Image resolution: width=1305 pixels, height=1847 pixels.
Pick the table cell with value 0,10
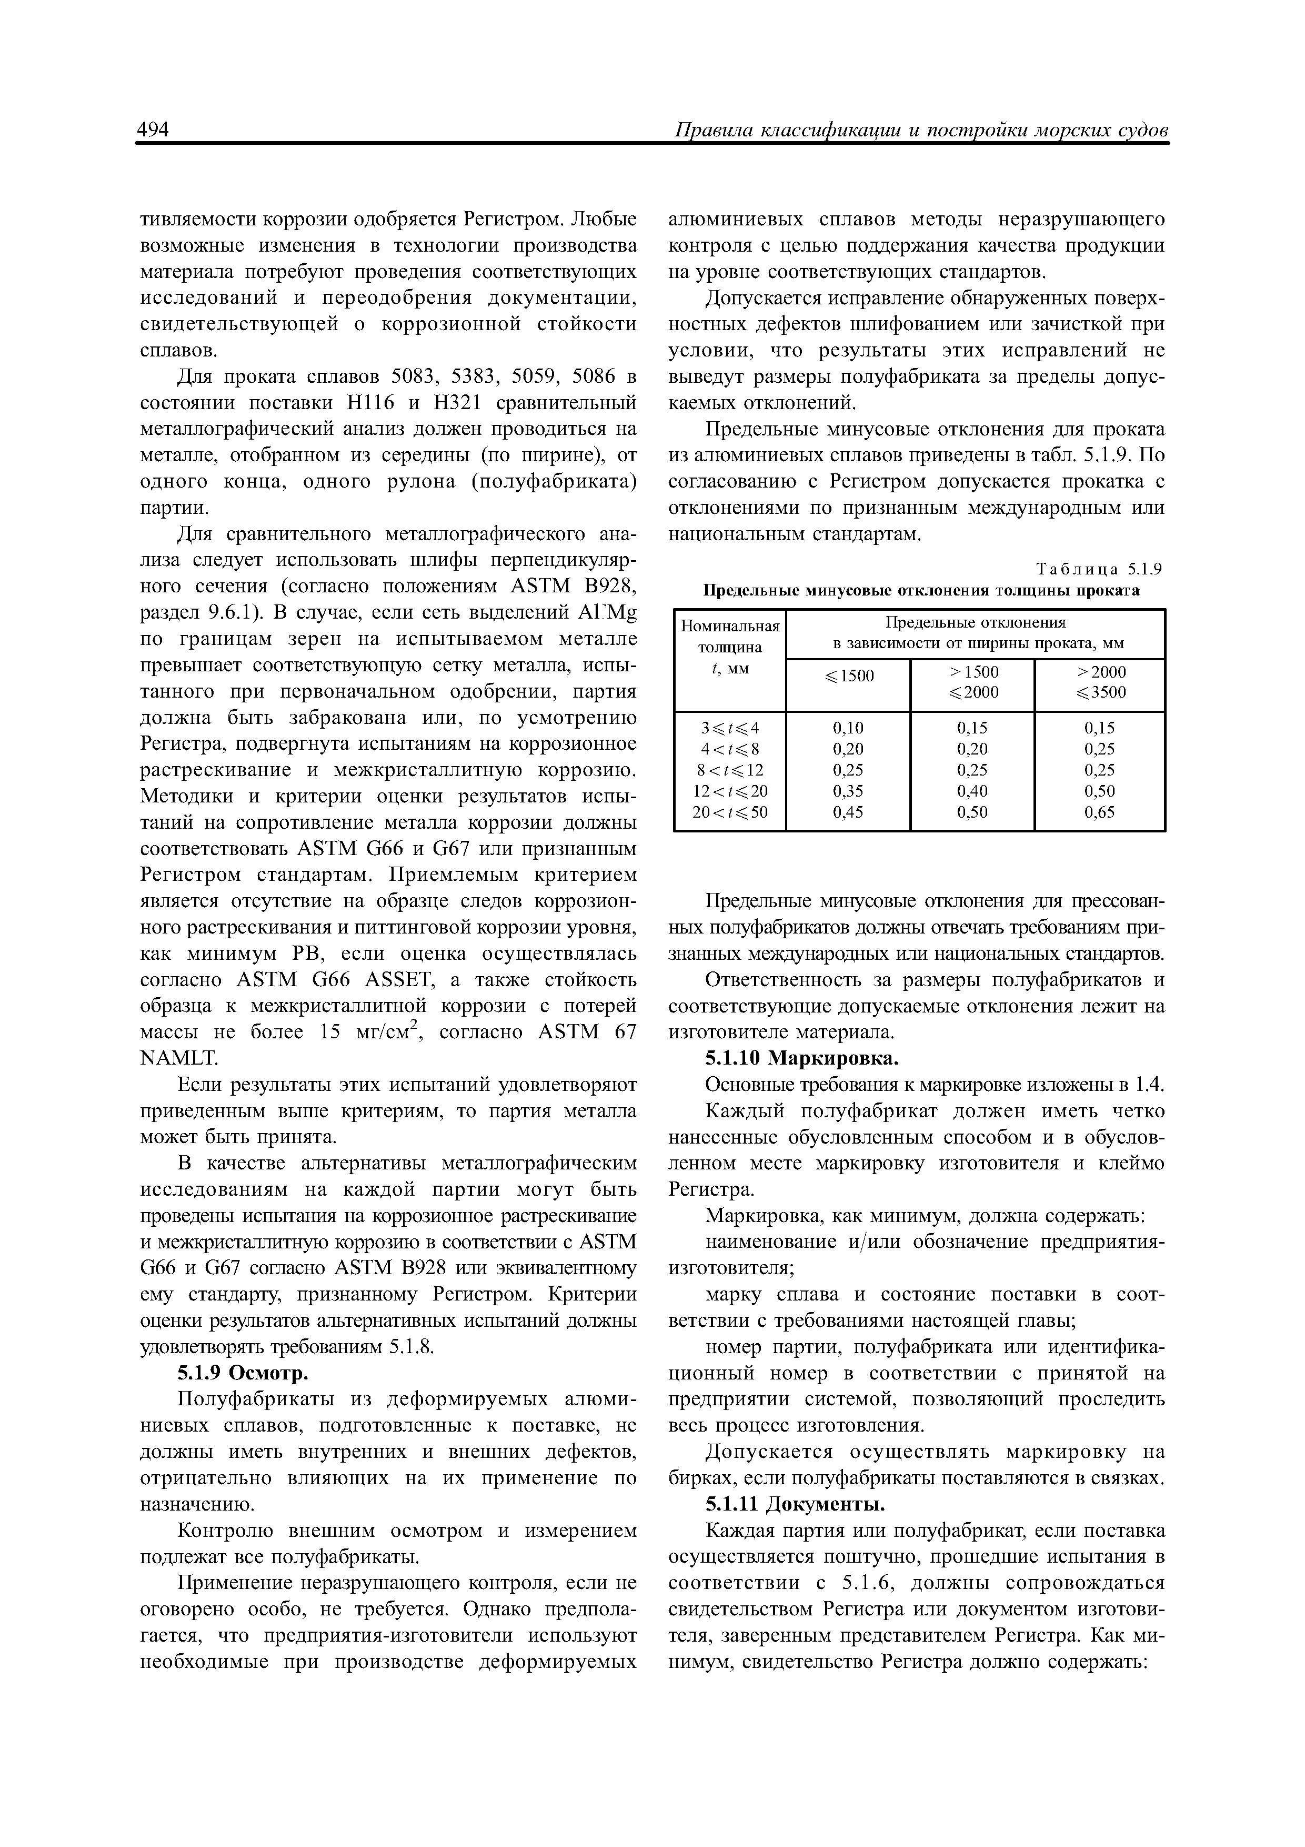click(848, 728)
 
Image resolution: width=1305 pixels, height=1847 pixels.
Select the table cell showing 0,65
click(1099, 812)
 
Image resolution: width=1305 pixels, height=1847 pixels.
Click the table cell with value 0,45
click(848, 812)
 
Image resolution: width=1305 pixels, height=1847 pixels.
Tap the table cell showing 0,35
click(848, 791)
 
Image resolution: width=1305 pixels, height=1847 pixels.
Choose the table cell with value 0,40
click(971, 791)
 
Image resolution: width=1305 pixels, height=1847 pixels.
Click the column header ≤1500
click(848, 676)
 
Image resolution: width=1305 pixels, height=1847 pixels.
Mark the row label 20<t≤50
click(729, 812)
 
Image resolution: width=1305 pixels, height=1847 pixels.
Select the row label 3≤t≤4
click(729, 728)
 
